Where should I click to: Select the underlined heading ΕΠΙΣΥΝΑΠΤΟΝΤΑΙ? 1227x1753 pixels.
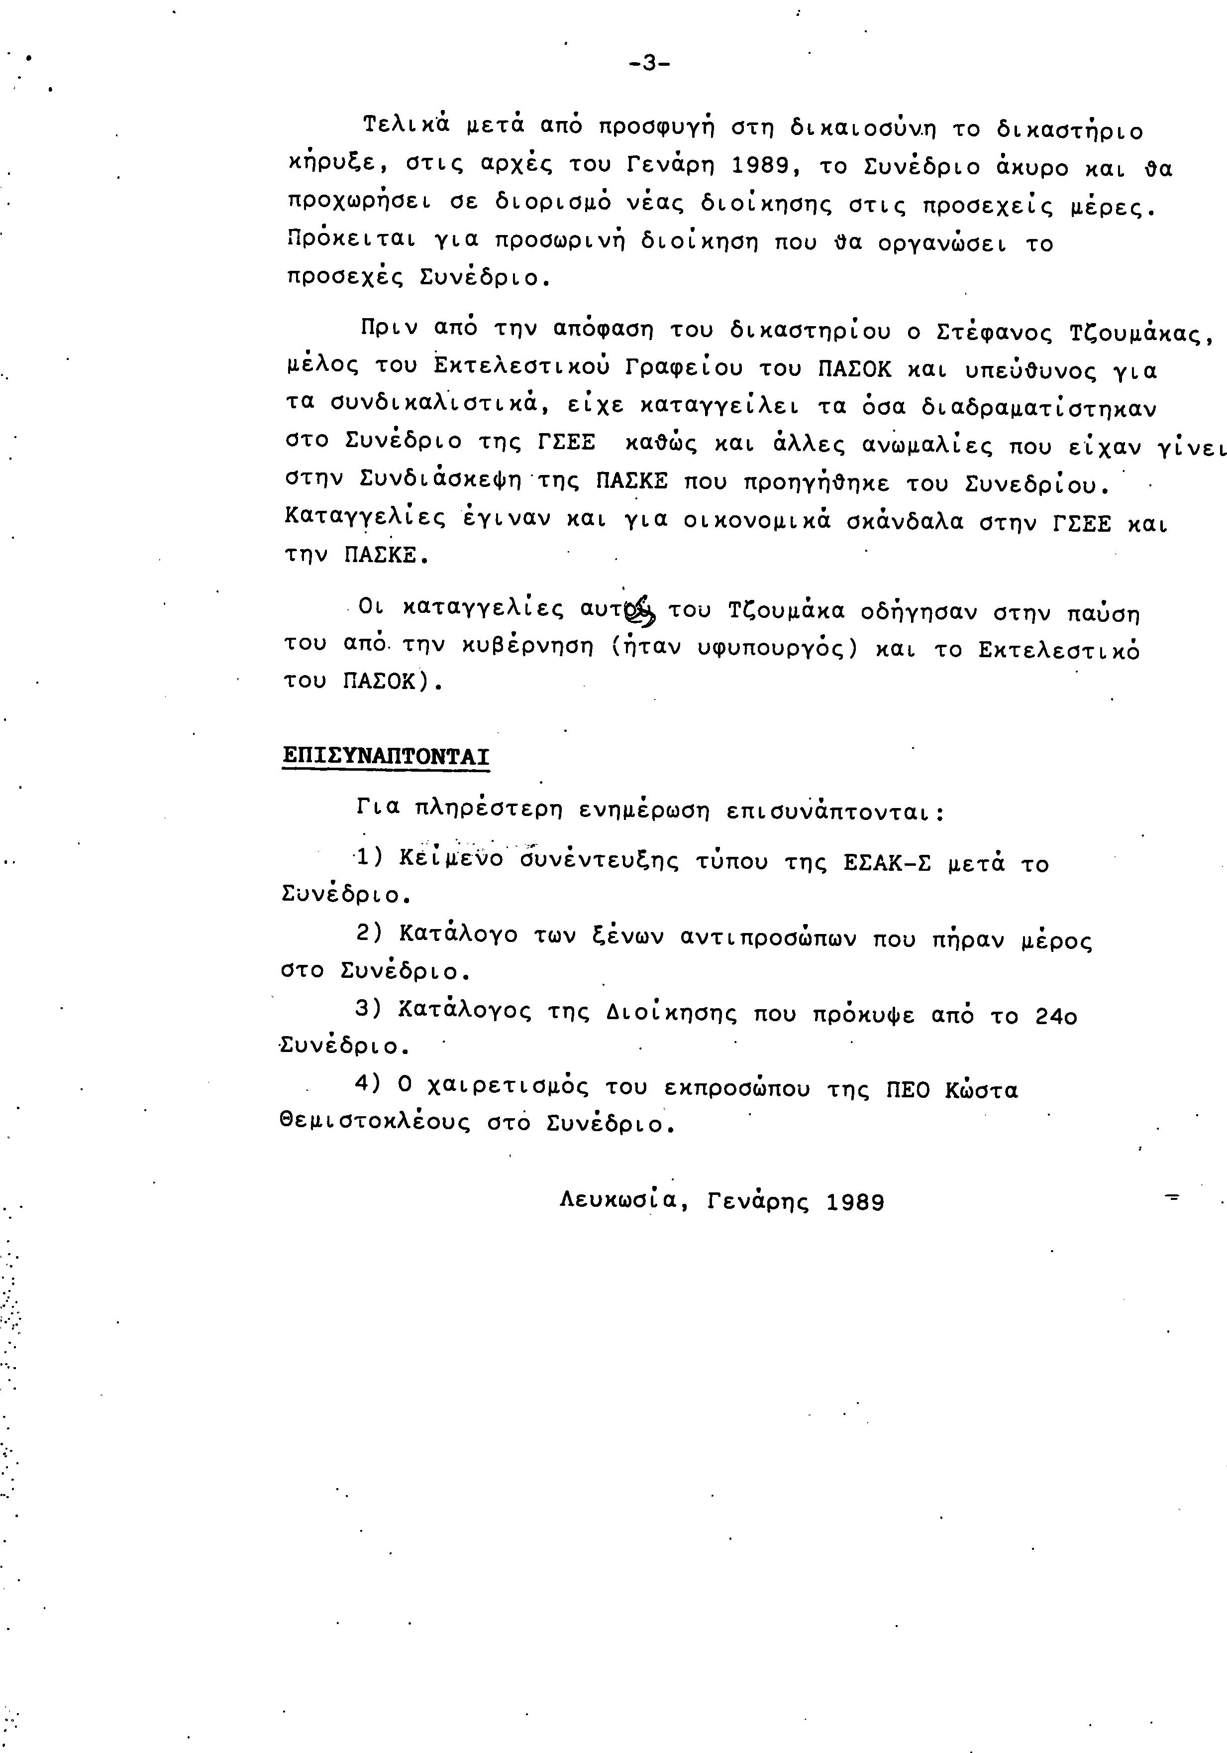pyautogui.click(x=385, y=756)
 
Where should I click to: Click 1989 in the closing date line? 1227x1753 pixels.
pyautogui.click(x=855, y=1202)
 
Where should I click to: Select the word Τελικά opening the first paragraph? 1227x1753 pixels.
pyautogui.click(x=405, y=126)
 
